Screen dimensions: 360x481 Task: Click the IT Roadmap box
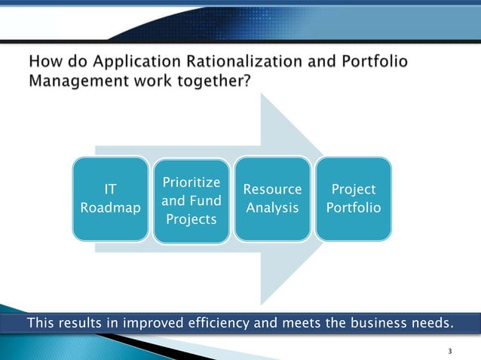coord(110,199)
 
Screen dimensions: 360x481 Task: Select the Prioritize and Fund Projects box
coord(191,200)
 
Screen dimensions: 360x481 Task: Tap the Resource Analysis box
coord(272,199)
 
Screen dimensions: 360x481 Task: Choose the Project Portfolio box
coord(353,199)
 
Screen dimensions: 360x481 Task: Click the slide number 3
coord(449,351)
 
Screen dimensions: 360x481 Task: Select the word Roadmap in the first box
coord(110,208)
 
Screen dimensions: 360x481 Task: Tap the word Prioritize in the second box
coord(191,183)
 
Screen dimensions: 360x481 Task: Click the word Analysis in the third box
coord(272,208)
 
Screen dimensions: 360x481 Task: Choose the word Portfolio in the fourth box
coord(353,208)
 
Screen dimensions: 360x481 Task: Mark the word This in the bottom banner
coord(42,324)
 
